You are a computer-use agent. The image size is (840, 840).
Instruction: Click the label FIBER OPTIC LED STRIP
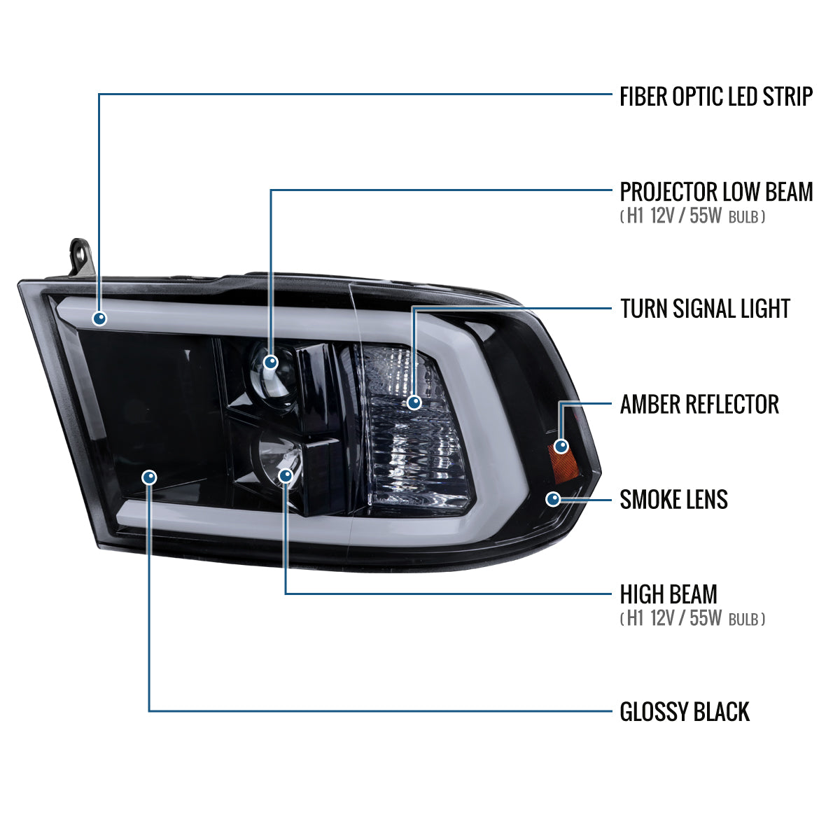point(716,97)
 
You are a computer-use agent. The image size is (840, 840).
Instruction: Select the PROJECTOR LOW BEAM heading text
point(716,192)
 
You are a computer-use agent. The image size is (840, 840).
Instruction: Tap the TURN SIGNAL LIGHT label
point(705,309)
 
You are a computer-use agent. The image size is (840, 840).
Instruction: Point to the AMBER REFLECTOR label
point(699,404)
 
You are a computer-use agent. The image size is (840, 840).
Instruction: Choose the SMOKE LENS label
point(673,500)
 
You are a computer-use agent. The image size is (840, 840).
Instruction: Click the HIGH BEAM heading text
point(668,594)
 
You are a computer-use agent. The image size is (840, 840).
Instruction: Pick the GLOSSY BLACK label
point(685,712)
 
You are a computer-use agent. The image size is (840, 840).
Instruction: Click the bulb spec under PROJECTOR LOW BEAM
point(692,216)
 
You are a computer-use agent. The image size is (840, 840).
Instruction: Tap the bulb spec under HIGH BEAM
point(692,619)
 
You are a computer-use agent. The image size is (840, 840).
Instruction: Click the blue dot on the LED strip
point(100,318)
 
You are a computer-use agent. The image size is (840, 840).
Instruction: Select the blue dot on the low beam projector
point(271,362)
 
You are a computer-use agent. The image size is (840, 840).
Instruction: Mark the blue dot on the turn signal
point(414,402)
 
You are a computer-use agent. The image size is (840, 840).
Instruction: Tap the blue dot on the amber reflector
point(561,447)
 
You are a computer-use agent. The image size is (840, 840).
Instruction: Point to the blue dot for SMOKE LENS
point(553,499)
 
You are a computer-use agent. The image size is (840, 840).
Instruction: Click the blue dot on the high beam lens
point(286,475)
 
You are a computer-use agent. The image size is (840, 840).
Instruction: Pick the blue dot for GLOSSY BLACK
point(150,477)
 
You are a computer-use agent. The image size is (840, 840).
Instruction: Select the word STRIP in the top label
point(787,97)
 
